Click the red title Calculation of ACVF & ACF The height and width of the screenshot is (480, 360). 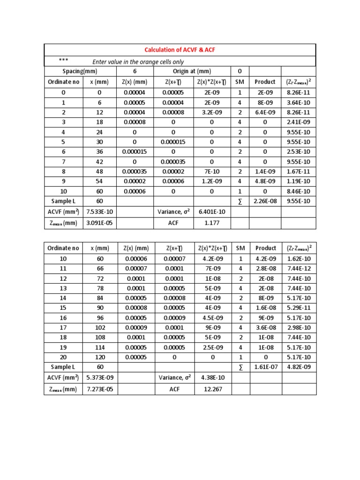(x=180, y=50)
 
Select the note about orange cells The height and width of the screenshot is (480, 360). (x=138, y=62)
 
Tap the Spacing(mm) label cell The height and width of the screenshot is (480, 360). (x=80, y=72)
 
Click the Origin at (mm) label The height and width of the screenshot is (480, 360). (x=192, y=72)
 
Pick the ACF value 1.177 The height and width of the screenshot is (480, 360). (x=212, y=223)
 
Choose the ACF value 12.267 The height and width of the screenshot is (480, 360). (x=212, y=389)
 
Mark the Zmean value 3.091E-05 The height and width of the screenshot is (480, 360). (x=99, y=223)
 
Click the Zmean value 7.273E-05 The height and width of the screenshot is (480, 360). (x=99, y=389)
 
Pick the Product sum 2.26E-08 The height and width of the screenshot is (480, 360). (x=265, y=201)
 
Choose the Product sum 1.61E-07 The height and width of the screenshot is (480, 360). (x=265, y=367)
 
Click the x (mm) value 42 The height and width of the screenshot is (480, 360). (x=99, y=161)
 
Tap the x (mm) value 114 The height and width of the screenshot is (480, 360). (x=99, y=347)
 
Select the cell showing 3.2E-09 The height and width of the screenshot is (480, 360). (x=212, y=112)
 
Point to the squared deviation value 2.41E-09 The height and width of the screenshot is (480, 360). (x=298, y=122)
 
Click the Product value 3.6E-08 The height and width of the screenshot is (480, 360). (x=265, y=328)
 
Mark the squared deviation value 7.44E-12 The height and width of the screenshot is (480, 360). (x=298, y=269)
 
